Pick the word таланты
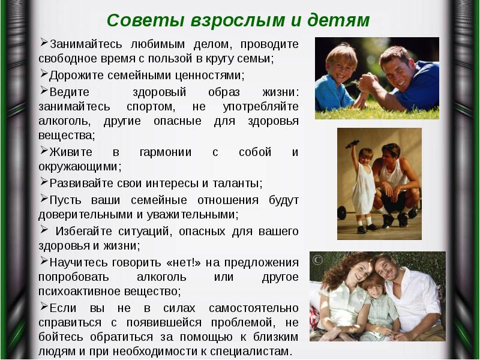(x=238, y=183)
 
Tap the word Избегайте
(x=85, y=230)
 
